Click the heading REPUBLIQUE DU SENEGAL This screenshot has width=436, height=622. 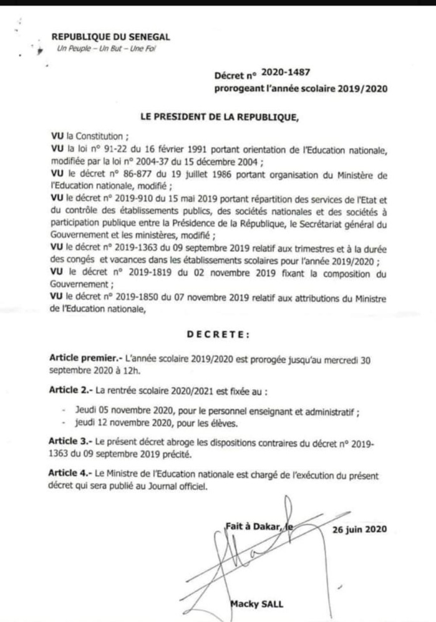[x=110, y=37]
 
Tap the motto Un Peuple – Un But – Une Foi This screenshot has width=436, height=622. [x=103, y=49]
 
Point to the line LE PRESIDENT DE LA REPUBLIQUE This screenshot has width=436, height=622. [x=220, y=117]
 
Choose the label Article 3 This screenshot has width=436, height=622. [x=71, y=440]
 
